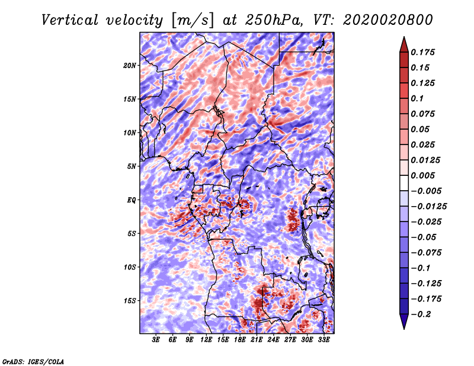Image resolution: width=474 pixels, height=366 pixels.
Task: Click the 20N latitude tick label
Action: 130,66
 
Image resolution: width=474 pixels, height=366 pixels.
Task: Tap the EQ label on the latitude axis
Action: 132,200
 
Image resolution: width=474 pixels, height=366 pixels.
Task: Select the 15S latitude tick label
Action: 130,301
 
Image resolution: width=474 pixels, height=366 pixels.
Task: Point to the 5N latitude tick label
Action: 132,166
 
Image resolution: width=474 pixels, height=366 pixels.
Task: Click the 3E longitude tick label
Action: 156,340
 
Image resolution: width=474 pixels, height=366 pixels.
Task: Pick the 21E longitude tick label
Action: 257,340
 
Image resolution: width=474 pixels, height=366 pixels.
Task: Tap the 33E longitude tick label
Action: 324,340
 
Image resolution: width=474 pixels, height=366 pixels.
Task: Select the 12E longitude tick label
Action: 206,340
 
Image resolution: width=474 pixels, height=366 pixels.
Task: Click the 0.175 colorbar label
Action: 422,52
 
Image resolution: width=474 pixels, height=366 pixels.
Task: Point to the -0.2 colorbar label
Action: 421,314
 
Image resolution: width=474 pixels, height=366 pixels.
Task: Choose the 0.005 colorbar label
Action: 422,175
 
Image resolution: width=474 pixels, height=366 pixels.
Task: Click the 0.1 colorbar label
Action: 417,98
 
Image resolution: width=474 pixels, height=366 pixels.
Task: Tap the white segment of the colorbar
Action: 404,183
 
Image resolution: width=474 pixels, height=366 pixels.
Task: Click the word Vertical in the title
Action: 69,20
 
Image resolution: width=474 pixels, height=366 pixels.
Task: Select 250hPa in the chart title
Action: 274,20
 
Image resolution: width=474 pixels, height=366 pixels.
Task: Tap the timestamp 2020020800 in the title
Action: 388,20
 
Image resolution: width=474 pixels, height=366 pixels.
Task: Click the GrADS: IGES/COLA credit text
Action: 33,361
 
